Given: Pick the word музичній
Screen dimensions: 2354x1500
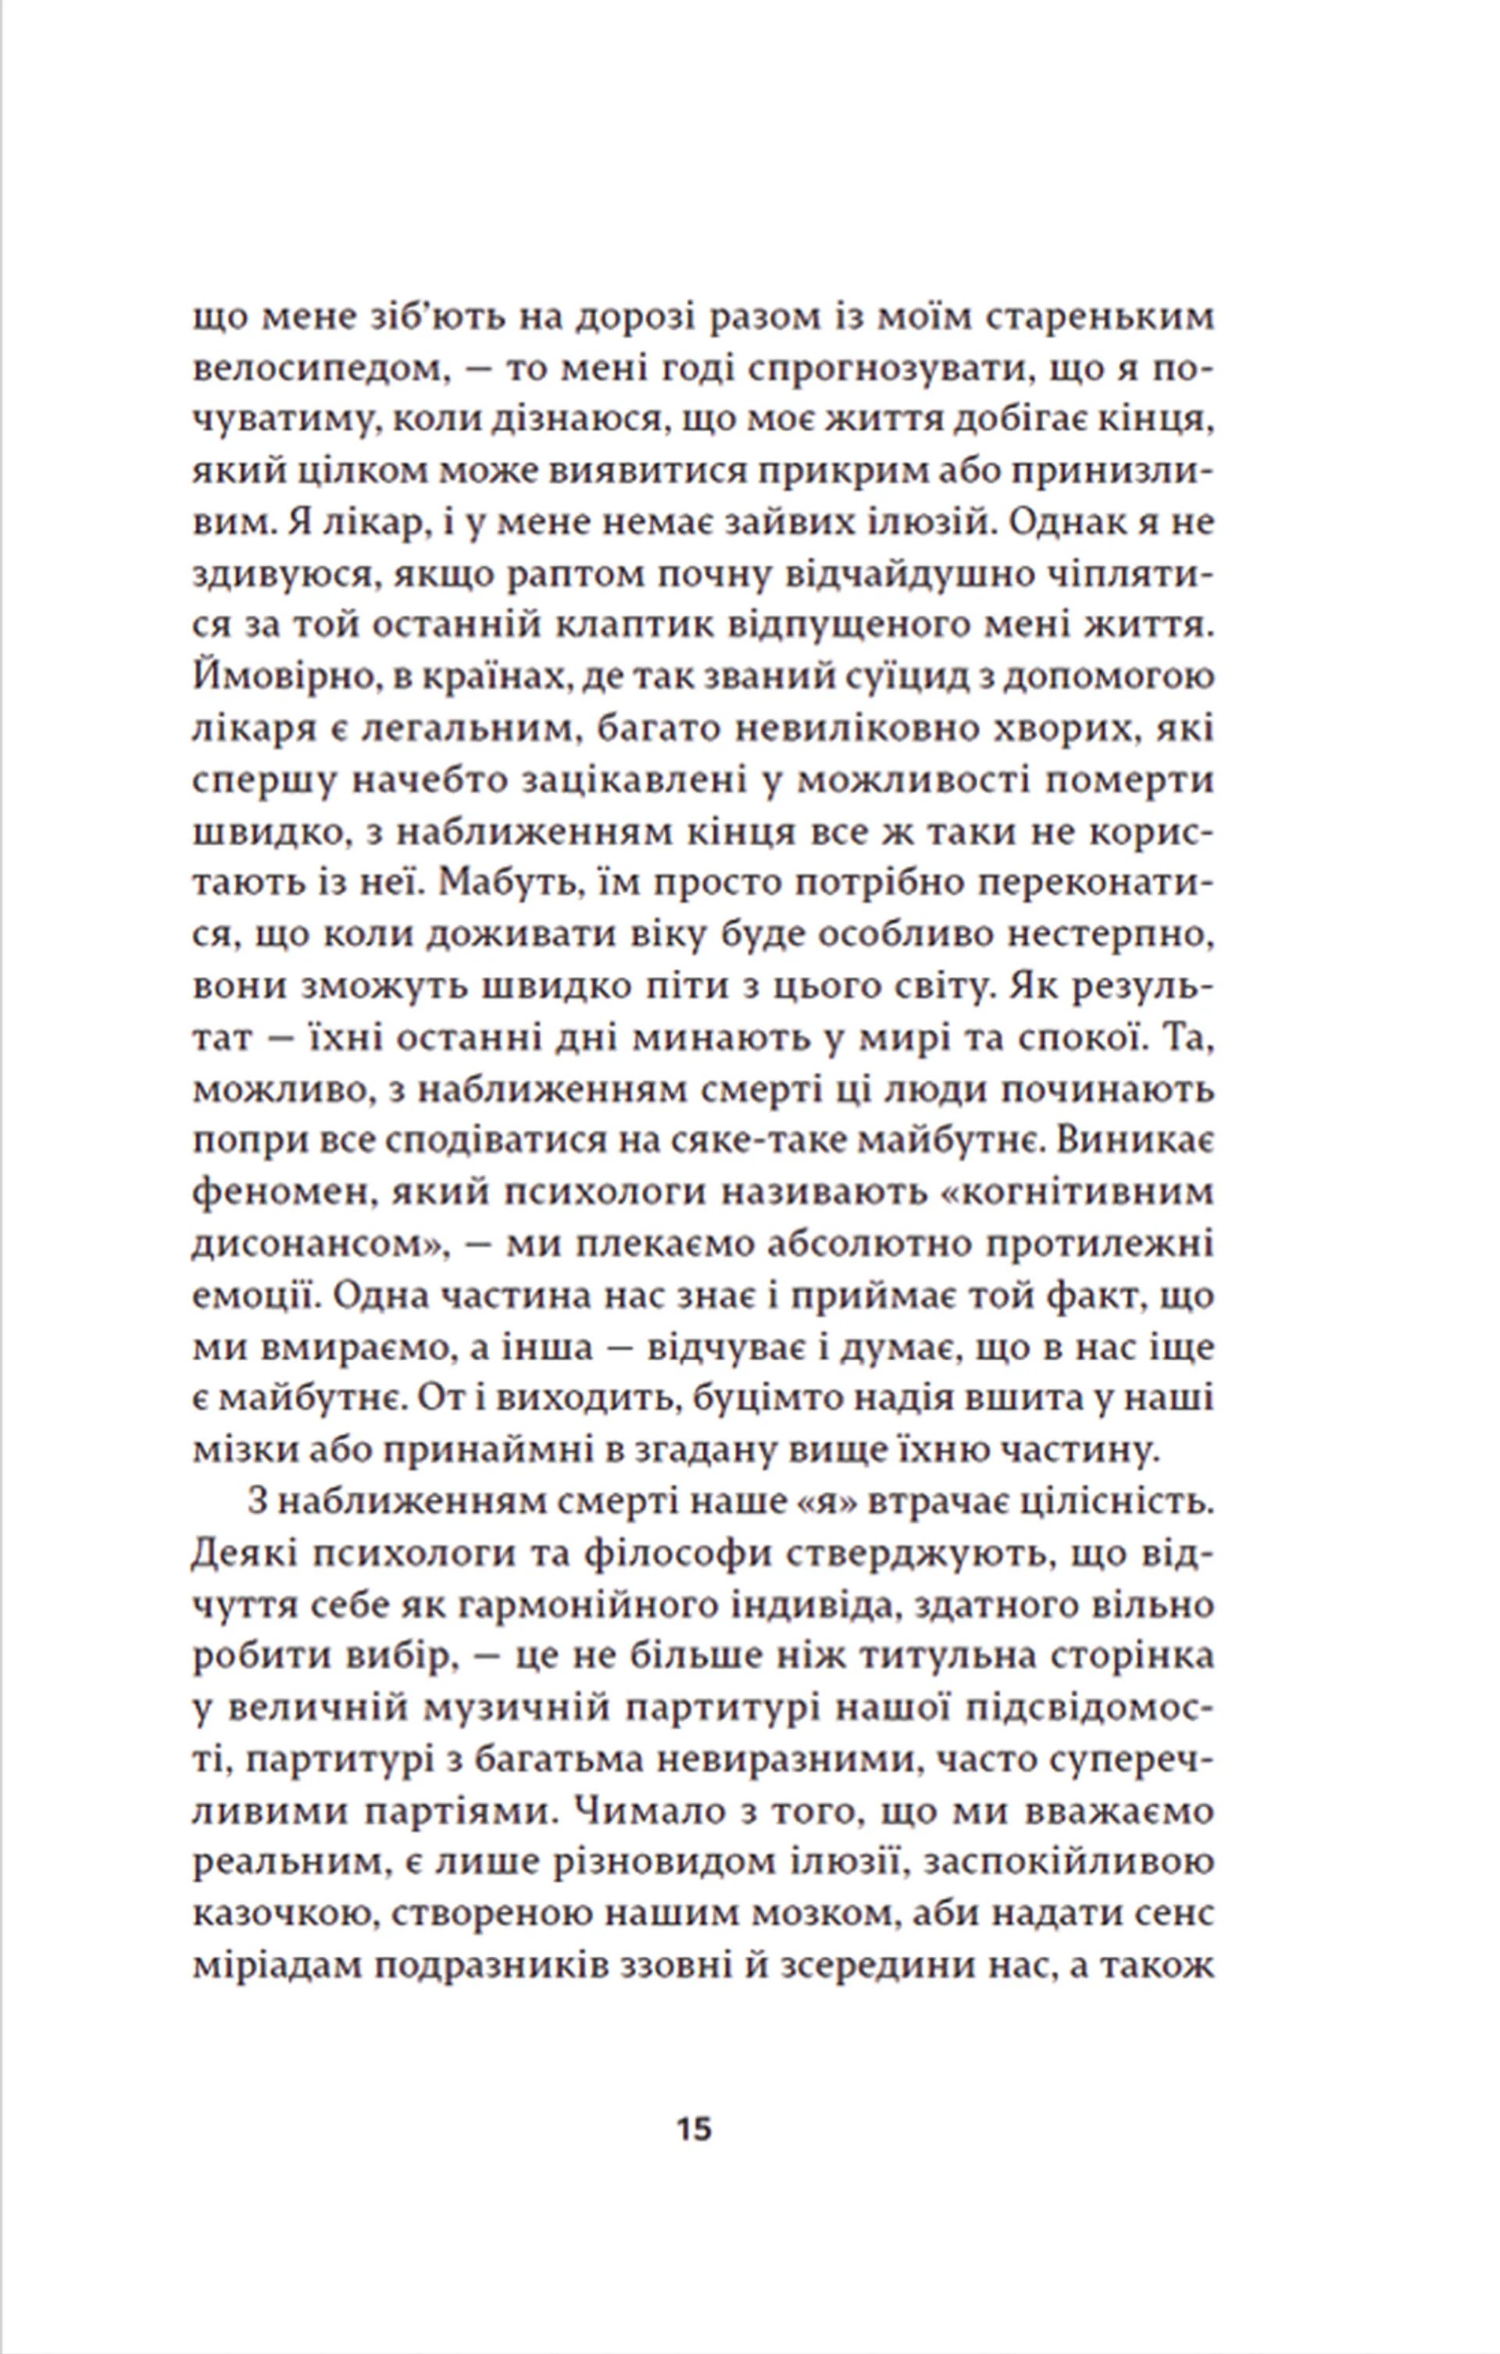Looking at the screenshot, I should tap(517, 1707).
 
